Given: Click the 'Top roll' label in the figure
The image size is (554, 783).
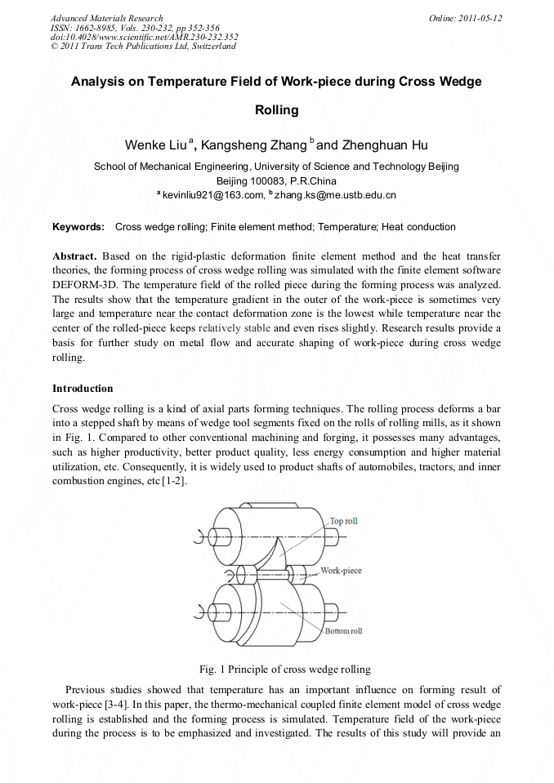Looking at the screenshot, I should [x=343, y=521].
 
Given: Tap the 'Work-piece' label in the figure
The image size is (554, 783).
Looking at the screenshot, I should [x=341, y=571].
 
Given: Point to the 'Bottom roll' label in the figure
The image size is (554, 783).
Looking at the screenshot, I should [x=343, y=631].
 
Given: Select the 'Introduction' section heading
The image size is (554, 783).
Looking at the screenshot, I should [x=83, y=388].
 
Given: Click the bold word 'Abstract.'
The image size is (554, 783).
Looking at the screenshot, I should [x=74, y=256].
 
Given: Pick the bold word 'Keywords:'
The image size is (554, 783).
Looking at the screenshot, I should [x=78, y=226].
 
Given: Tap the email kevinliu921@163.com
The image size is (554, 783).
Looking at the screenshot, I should [x=213, y=195].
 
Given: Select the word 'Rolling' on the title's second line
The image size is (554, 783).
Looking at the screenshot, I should [x=276, y=110].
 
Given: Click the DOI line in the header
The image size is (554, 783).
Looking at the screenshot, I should [x=144, y=38].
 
